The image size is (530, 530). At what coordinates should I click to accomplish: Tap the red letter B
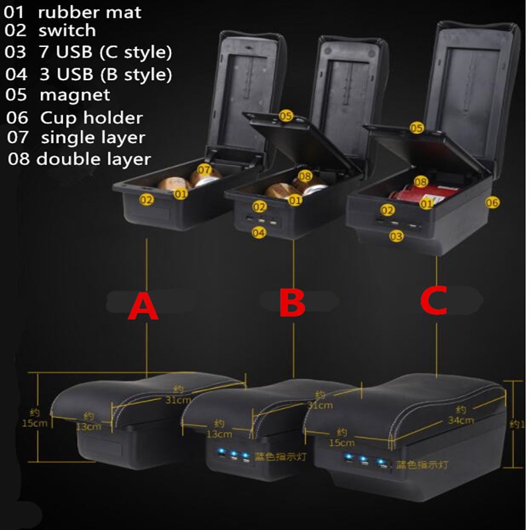click(291, 304)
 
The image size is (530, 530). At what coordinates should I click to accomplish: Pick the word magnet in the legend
click(75, 95)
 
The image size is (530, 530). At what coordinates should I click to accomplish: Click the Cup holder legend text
click(91, 118)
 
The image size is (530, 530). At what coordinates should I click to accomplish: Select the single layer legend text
click(93, 138)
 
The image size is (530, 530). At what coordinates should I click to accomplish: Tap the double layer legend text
click(93, 159)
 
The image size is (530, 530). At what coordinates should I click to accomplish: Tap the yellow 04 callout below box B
click(259, 233)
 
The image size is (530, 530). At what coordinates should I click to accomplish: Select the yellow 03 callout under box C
click(397, 235)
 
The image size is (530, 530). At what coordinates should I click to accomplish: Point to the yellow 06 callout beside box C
click(492, 203)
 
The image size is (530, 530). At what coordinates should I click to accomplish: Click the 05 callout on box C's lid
click(416, 127)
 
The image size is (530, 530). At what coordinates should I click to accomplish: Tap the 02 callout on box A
click(146, 199)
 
